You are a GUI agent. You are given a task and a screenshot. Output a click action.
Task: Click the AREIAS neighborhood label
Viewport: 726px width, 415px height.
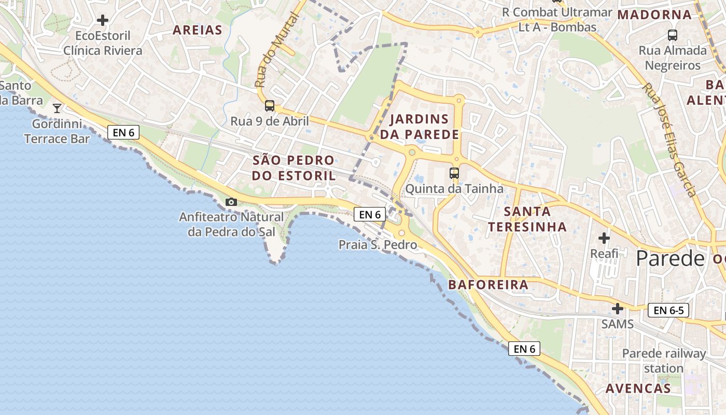click(197, 30)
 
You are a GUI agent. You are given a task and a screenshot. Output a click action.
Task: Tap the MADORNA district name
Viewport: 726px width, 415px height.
click(654, 15)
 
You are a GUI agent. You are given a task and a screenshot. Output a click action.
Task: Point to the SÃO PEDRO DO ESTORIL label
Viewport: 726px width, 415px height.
click(294, 168)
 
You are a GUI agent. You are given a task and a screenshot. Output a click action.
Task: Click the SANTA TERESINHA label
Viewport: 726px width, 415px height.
click(527, 219)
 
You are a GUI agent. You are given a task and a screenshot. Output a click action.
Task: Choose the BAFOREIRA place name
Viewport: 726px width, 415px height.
click(488, 284)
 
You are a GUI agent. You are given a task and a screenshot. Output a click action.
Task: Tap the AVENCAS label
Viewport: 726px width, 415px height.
click(638, 388)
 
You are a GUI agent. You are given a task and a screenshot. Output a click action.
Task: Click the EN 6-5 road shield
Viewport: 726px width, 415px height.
click(668, 310)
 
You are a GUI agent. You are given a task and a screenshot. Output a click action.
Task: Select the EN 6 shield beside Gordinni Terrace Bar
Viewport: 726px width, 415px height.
click(123, 132)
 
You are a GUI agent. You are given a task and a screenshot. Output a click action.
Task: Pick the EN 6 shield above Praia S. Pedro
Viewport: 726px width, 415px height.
click(370, 214)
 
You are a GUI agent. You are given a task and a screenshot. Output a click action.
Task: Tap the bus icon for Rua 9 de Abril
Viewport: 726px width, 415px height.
click(270, 106)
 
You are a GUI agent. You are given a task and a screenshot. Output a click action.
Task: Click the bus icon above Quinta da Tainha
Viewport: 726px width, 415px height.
click(454, 173)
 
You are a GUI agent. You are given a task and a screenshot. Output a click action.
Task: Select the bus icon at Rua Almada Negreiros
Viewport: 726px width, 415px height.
click(673, 35)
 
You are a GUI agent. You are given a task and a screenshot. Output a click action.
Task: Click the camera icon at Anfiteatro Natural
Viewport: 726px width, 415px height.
click(231, 202)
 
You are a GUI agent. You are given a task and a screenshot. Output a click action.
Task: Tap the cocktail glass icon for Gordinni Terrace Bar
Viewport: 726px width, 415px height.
click(57, 108)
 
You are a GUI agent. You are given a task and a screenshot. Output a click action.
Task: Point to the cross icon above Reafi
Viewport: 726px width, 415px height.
click(604, 238)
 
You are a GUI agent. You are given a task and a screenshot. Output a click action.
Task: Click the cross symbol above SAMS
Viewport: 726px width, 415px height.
click(617, 309)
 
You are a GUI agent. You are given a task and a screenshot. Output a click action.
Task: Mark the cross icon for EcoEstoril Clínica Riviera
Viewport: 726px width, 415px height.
click(103, 20)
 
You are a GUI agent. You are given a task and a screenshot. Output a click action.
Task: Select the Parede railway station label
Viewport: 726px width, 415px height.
click(664, 361)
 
